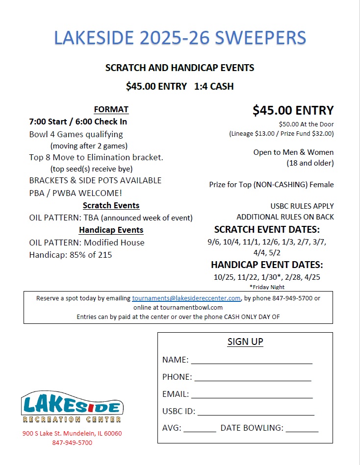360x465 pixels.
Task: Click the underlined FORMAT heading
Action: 111,109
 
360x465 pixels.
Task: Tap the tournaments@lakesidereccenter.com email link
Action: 186,298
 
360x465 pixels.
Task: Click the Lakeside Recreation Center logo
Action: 72,407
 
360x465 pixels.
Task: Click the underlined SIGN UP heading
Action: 245,342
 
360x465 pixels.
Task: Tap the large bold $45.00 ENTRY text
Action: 293,111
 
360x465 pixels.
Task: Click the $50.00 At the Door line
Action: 306,124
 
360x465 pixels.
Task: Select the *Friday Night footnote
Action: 267,287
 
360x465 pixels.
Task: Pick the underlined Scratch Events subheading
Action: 111,205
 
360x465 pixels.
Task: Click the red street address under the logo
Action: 72,434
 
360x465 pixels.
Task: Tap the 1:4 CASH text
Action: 214,86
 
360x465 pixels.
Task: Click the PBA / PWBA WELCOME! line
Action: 76,193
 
